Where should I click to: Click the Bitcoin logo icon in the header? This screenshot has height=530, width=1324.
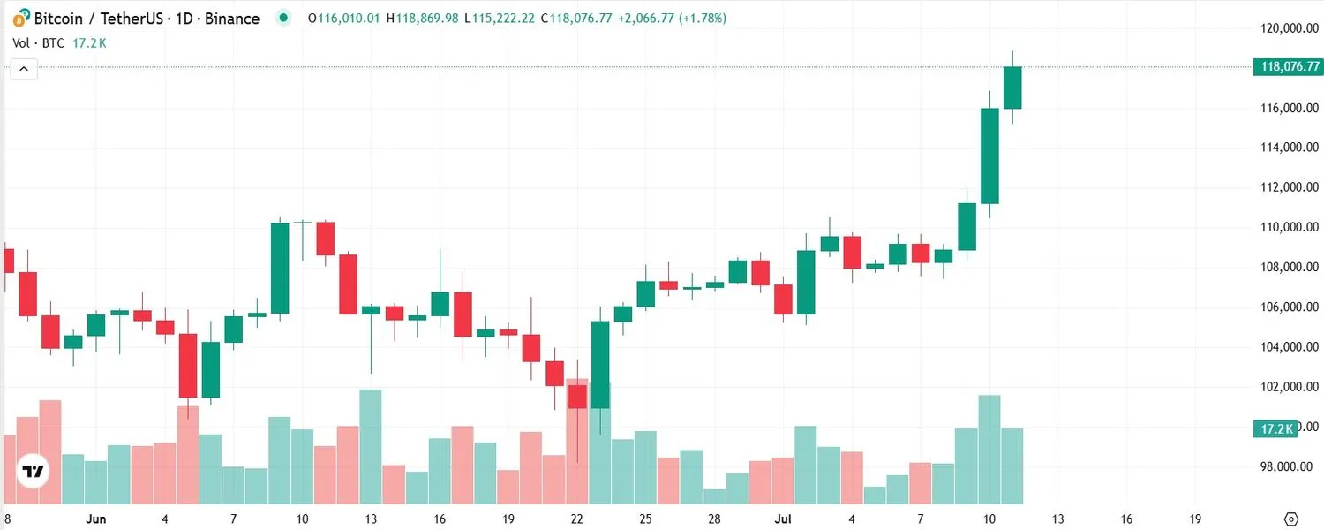point(19,19)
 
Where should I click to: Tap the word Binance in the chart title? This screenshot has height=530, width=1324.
point(232,19)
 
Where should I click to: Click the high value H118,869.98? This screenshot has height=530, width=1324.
point(424,19)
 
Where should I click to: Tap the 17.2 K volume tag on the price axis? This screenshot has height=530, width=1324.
point(1275,429)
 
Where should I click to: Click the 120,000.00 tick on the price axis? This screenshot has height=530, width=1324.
point(1290,28)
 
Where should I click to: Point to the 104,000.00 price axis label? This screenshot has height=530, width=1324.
point(1290,347)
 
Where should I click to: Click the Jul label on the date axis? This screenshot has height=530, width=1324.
point(783,519)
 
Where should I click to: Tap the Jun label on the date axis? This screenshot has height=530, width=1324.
point(96,519)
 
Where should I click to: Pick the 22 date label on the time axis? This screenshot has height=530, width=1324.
point(577,519)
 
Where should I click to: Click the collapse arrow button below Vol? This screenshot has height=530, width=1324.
point(24,69)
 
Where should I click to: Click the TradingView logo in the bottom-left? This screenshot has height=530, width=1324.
point(34,472)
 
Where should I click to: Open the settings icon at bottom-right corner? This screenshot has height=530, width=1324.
point(1291,519)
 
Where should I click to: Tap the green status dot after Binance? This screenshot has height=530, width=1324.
point(282,18)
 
